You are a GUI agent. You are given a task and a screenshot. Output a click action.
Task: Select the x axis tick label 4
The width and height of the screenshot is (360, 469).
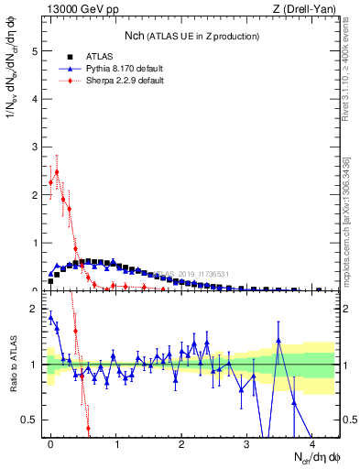coord(312,443)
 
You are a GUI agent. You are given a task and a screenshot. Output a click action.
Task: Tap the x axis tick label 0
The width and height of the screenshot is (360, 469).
coord(50,443)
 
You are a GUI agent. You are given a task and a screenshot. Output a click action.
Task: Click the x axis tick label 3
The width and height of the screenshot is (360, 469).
coord(247,443)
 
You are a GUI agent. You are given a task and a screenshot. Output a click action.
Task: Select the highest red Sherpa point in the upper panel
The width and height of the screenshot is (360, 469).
coord(57,171)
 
